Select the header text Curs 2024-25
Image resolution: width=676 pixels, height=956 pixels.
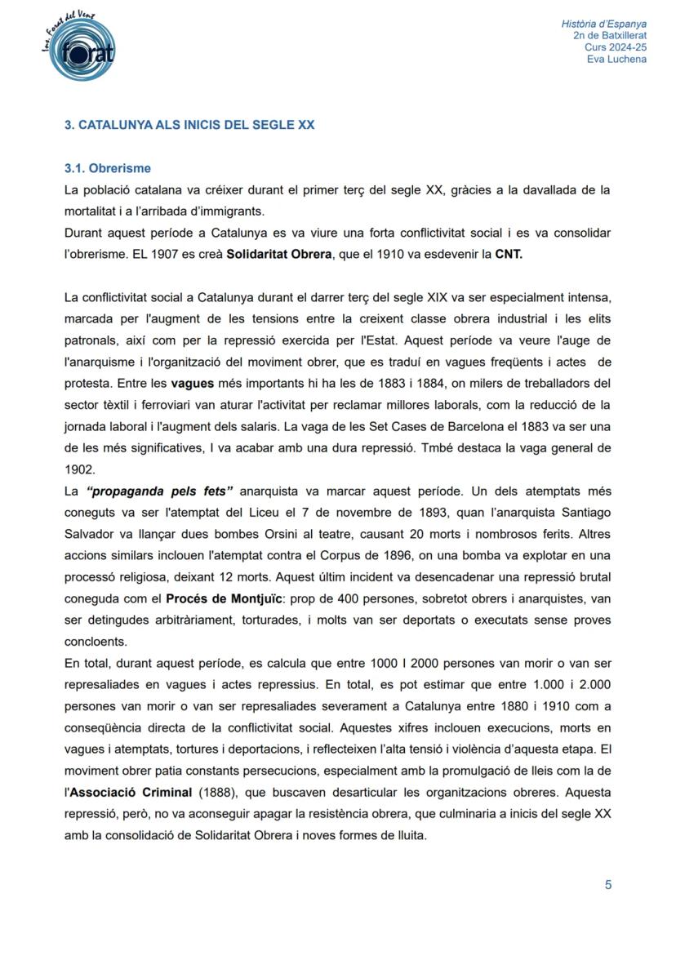[616, 47]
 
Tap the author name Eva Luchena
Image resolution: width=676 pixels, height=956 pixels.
[616, 60]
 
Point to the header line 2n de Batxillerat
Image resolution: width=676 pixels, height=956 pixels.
[610, 36]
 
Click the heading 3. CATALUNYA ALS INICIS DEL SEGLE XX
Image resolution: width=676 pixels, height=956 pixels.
[189, 125]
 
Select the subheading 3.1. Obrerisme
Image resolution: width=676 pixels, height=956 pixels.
[108, 168]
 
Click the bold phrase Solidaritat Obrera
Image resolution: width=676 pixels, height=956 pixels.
[279, 254]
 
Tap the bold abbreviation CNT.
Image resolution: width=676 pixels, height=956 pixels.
[509, 254]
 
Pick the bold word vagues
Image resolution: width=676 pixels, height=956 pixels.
[193, 383]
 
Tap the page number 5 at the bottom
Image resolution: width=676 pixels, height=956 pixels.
[608, 885]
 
